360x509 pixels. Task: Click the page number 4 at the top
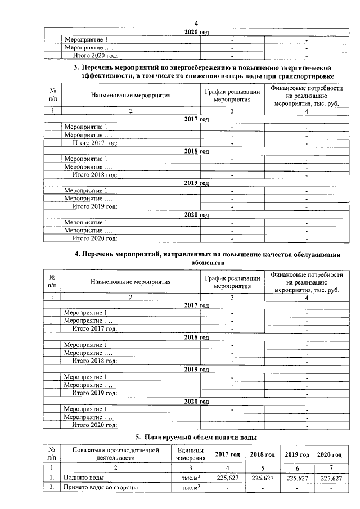(196, 21)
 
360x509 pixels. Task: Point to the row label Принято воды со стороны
(101, 488)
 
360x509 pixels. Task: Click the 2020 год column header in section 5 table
(330, 454)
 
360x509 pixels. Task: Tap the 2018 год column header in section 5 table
(262, 454)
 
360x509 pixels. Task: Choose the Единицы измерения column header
(190, 454)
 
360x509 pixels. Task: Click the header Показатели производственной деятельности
(116, 454)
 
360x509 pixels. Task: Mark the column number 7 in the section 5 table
(330, 467)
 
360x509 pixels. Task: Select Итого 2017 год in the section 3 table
(96, 143)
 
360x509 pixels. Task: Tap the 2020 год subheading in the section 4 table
(197, 402)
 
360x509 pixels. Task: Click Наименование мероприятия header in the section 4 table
(130, 282)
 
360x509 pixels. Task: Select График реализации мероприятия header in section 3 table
(232, 95)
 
